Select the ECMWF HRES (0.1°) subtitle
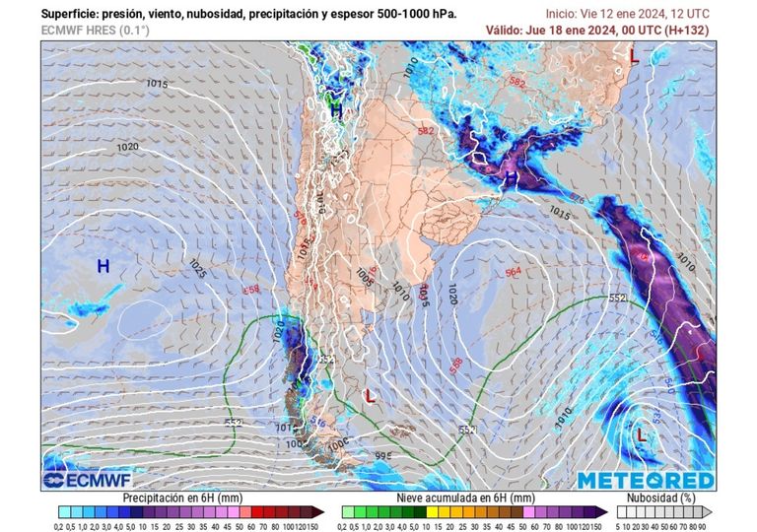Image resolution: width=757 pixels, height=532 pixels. (x=96, y=31)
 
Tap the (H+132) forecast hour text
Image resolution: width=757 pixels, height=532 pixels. (x=686, y=31)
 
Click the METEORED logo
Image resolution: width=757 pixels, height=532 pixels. (x=645, y=480)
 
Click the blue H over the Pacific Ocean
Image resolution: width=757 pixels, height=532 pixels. (x=103, y=266)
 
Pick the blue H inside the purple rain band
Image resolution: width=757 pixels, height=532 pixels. (x=511, y=176)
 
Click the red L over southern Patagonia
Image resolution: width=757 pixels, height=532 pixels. (x=370, y=396)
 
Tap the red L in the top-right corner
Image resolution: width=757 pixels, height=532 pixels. (x=634, y=59)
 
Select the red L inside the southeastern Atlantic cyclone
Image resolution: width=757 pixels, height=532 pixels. (x=641, y=432)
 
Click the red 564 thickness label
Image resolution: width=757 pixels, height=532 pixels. (x=513, y=272)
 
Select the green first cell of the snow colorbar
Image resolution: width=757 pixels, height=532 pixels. (x=347, y=512)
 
